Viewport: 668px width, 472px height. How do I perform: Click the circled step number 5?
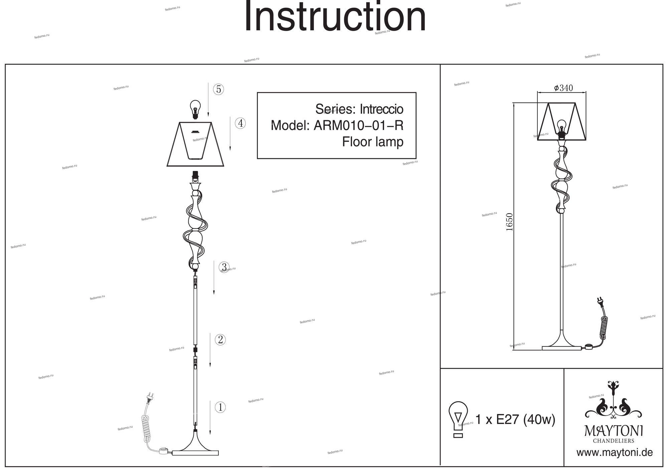pos(218,89)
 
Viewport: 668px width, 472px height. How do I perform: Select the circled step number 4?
pos(240,124)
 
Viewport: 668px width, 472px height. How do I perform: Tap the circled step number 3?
pos(224,267)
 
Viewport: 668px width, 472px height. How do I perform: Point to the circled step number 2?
pos(220,340)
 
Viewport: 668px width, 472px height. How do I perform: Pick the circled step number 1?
pos(220,407)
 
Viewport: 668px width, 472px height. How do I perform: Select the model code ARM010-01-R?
pos(358,126)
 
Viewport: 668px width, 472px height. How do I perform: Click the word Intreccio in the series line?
pos(381,109)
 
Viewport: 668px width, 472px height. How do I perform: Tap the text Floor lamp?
pos(372,142)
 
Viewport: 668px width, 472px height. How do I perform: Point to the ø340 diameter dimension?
pos(563,88)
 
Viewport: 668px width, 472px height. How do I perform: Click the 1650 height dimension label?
pos(509,222)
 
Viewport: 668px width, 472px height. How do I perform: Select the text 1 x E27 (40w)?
pos(515,419)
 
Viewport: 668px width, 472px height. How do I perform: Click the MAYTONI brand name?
pos(613,431)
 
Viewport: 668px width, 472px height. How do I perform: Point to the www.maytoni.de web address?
pos(614,453)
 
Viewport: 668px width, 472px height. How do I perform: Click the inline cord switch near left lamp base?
pos(163,451)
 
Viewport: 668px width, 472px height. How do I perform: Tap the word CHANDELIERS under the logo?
pos(613,441)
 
